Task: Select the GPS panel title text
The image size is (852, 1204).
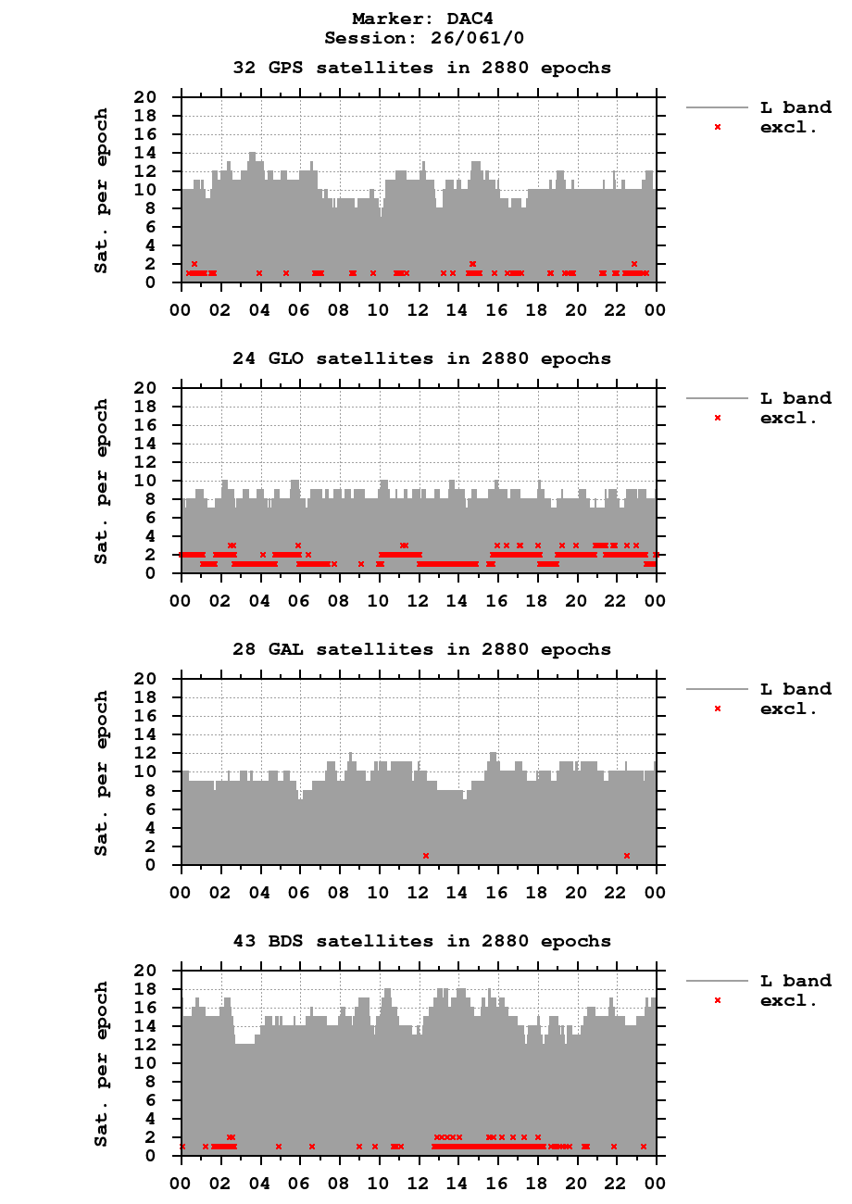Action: coord(421,68)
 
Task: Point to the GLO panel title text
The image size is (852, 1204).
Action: coord(421,358)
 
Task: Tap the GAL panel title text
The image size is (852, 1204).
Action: coord(421,649)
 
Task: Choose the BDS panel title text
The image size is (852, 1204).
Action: coord(421,941)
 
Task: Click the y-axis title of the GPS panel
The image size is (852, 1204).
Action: coord(101,190)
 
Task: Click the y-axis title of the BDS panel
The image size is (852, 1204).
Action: coord(101,1063)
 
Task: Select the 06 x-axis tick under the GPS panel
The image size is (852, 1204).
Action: coord(299,311)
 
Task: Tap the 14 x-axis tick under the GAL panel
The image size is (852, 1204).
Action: coord(457,894)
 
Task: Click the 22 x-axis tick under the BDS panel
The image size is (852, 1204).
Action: coord(616,1185)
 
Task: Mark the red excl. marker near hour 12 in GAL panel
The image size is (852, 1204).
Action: coord(426,856)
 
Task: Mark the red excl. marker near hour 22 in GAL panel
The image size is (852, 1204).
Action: coord(627,856)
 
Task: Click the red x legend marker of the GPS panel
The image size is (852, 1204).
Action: coord(717,127)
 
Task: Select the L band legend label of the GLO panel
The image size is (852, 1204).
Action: coord(796,398)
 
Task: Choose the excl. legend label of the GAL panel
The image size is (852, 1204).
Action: coord(788,709)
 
